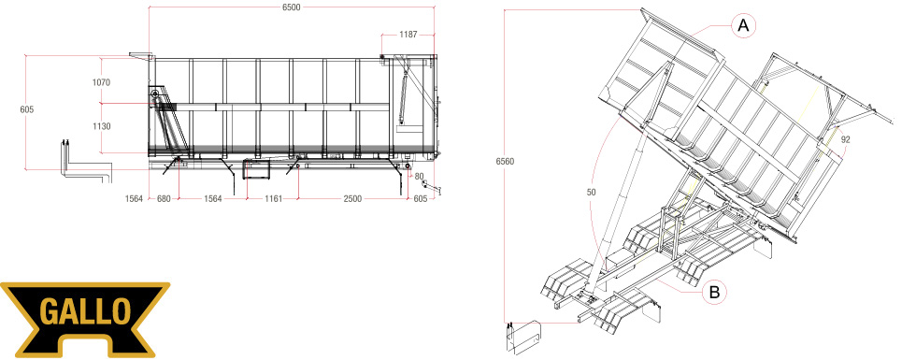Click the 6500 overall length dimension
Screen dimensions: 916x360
[291, 7]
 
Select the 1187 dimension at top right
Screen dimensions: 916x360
[408, 35]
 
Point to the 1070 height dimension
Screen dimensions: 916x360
[101, 82]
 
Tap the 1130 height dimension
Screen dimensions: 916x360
[101, 126]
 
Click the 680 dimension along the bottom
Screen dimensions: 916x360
[164, 198]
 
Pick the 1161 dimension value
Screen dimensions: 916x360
[273, 198]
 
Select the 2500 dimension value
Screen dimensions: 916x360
[353, 198]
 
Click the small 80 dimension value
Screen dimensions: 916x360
[419, 176]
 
